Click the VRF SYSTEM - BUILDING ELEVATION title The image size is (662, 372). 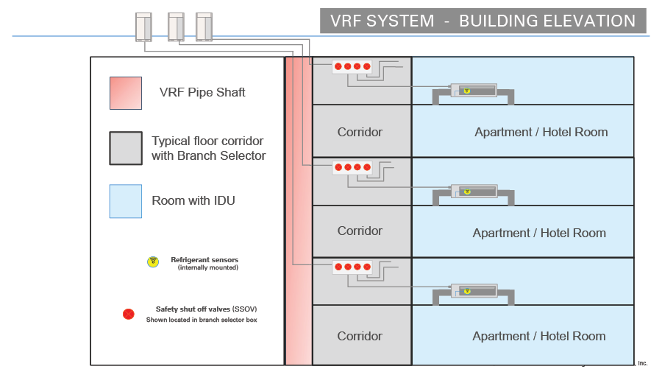(x=483, y=21)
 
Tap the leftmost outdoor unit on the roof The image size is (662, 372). (x=143, y=27)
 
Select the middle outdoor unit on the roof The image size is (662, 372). (x=176, y=27)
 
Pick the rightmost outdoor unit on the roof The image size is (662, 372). (x=204, y=27)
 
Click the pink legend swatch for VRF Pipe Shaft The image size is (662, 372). (x=126, y=93)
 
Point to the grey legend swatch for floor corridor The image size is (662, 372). (x=126, y=148)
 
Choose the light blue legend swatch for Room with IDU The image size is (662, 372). (x=126, y=201)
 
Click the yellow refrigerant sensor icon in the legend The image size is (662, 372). (x=153, y=262)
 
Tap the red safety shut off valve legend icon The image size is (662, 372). (x=129, y=314)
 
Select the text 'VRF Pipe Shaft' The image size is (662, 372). (x=202, y=93)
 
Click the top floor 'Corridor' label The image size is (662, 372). (x=360, y=133)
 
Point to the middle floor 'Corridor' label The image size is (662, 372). (x=360, y=231)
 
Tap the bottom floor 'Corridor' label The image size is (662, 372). (x=360, y=337)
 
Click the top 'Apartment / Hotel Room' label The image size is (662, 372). (x=541, y=133)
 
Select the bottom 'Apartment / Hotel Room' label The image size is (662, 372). (x=539, y=337)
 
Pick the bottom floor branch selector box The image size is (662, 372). (x=352, y=267)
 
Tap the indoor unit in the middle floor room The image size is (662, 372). (x=474, y=192)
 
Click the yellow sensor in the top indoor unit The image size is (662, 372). (x=466, y=91)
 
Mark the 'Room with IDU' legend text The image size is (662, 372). (x=193, y=201)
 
